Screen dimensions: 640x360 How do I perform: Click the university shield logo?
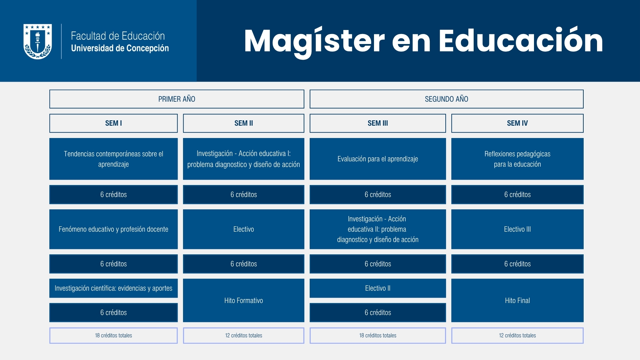(38, 41)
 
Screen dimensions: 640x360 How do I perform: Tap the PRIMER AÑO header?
(177, 99)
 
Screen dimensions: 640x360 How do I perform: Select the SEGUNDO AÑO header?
(446, 99)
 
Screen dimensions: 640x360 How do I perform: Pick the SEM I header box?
(113, 123)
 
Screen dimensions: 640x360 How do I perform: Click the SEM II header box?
(244, 123)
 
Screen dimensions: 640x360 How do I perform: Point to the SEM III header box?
(378, 123)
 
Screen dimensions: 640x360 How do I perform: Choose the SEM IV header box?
(517, 123)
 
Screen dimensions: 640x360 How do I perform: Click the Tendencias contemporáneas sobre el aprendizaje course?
(113, 159)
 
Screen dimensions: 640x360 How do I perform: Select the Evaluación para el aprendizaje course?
(378, 159)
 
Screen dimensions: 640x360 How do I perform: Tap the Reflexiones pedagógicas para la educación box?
(517, 159)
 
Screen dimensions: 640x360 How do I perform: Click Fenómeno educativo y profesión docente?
(113, 229)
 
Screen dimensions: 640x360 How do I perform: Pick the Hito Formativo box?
(244, 300)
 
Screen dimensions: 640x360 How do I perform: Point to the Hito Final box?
(517, 300)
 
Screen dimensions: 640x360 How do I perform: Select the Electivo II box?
(378, 288)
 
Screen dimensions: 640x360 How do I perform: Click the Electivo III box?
(517, 229)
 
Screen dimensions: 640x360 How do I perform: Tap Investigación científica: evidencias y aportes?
(113, 288)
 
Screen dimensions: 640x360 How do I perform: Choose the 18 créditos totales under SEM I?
(113, 336)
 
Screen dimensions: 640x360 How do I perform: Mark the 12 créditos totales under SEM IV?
(517, 336)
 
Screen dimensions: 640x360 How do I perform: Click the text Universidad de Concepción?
(120, 48)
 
